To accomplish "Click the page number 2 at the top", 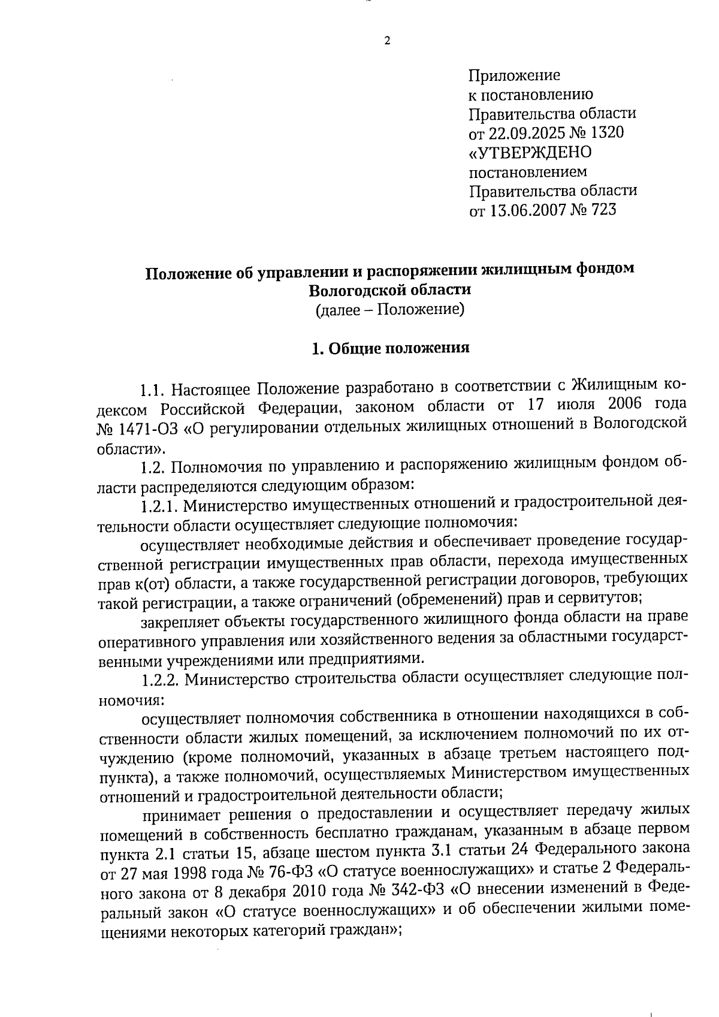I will (x=386, y=41).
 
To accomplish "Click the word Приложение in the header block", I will (x=513, y=76).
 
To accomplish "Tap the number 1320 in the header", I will (x=605, y=133).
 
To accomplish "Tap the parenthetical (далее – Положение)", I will (x=389, y=310).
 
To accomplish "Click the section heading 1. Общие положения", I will (x=390, y=349).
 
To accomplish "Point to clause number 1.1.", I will (x=152, y=390).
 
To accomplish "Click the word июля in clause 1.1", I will (x=574, y=406).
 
